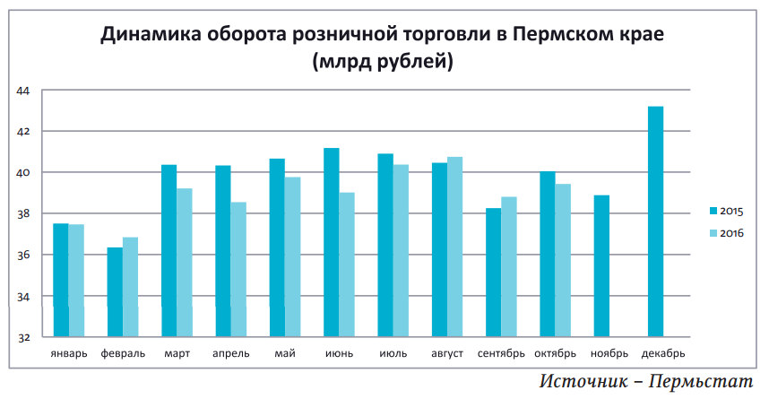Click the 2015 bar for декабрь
[x=655, y=221]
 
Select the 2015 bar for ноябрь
[x=601, y=266]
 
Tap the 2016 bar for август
[x=454, y=247]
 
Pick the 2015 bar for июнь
[x=331, y=243]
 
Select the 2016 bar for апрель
[x=238, y=270]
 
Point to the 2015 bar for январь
[x=61, y=281]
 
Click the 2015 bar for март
[x=168, y=251]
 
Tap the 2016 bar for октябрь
[x=563, y=261]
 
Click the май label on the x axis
[x=285, y=353]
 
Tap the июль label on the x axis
[x=393, y=353]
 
